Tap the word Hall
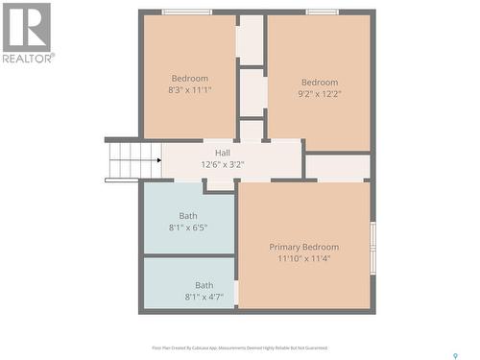(x=223, y=153)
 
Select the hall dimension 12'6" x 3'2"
(x=223, y=165)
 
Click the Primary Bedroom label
(x=303, y=247)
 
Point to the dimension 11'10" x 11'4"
(x=303, y=259)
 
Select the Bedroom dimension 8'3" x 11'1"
(x=190, y=90)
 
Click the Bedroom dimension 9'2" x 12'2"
(x=320, y=94)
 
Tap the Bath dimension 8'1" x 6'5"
(x=188, y=228)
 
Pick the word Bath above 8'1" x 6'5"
(x=188, y=216)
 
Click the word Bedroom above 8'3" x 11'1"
(x=190, y=78)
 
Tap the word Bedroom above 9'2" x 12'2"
(x=320, y=82)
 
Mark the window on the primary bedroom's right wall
(x=372, y=236)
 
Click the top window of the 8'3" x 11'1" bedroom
(x=186, y=12)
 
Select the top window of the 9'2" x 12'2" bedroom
(x=322, y=12)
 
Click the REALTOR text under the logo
(x=28, y=58)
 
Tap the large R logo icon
(x=27, y=27)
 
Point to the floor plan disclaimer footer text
(x=239, y=348)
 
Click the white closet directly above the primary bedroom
(x=337, y=167)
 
